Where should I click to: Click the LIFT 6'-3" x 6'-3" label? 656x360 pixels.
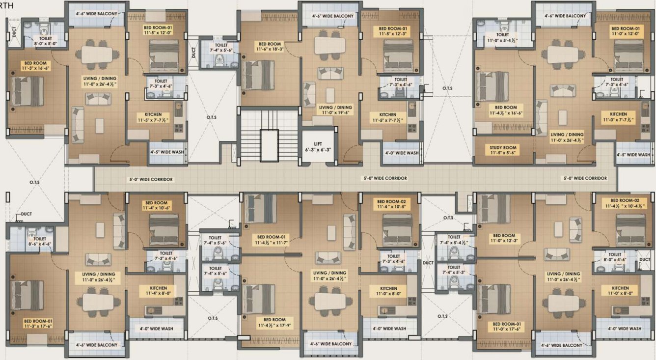point(318,146)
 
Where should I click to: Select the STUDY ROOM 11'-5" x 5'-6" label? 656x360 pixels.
point(503,150)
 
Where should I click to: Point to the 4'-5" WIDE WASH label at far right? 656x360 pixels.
point(633,155)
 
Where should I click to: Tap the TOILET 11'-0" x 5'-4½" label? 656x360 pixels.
point(502,38)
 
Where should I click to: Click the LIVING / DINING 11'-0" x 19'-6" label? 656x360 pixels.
point(335,110)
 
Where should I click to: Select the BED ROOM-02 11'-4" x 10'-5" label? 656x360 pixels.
point(391,204)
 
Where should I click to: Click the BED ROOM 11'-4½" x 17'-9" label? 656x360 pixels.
point(274,323)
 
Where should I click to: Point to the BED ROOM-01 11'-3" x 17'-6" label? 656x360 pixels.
point(38,323)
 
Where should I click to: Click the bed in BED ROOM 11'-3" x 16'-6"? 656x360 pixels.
point(27,91)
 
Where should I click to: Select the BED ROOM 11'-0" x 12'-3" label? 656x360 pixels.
point(505,238)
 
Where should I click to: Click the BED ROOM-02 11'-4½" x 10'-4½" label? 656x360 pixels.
point(625,203)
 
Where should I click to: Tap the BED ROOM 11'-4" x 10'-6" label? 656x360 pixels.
point(156,205)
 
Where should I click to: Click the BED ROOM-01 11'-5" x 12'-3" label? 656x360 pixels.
point(390,32)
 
